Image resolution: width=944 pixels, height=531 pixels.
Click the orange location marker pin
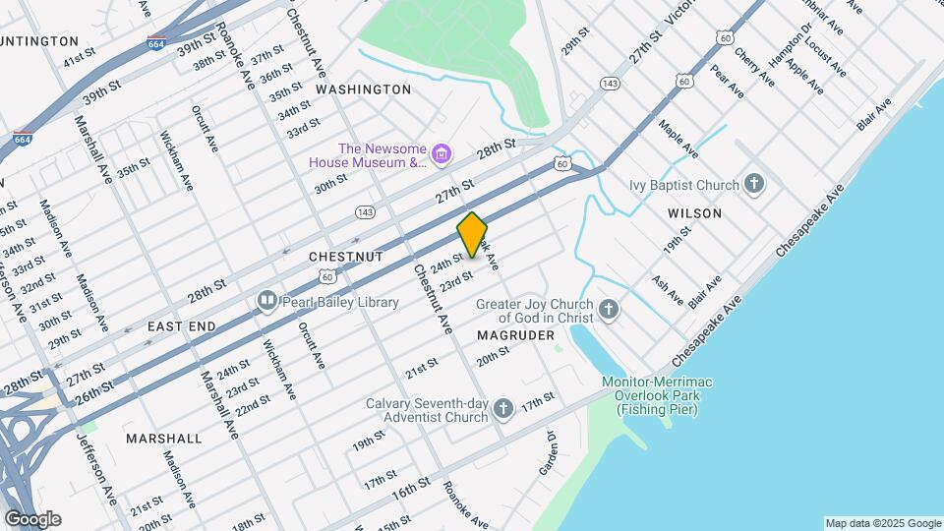point(472,234)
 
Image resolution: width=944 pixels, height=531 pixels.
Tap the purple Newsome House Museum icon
point(442,152)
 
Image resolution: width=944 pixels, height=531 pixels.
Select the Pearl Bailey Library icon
point(266,300)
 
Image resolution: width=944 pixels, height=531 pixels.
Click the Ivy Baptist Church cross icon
point(754,184)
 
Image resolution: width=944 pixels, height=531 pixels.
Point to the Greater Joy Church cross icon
point(609,311)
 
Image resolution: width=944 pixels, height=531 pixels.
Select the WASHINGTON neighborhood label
point(363,89)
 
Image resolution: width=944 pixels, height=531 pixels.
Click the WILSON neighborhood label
point(694,213)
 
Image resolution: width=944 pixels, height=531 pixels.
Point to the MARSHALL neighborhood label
point(164,439)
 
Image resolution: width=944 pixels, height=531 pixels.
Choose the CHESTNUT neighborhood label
point(345,256)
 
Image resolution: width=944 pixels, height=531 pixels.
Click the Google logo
point(32,518)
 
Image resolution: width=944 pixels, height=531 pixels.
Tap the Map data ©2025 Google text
point(882,523)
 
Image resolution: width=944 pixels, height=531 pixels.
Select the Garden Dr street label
point(548,457)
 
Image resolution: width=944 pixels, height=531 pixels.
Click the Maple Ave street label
point(678,140)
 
